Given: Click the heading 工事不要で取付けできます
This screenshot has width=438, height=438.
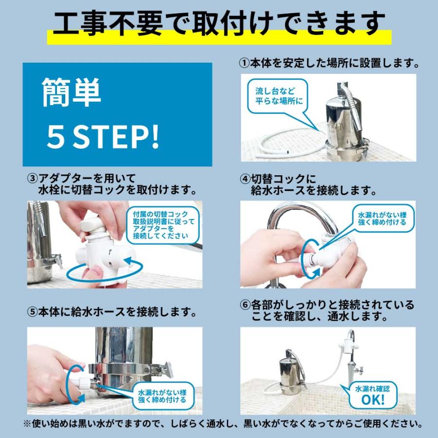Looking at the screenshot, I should click(219, 22).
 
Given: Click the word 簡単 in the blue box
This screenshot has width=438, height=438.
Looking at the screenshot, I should click(72, 93).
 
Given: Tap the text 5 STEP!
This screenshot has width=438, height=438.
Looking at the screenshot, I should click(103, 138).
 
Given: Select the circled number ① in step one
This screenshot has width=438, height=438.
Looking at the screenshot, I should click(244, 63).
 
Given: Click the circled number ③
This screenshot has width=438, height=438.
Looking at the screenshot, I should click(32, 178).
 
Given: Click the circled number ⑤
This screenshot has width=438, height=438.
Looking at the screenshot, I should click(32, 311).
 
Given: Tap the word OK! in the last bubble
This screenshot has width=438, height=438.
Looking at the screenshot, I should click(373, 400).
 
